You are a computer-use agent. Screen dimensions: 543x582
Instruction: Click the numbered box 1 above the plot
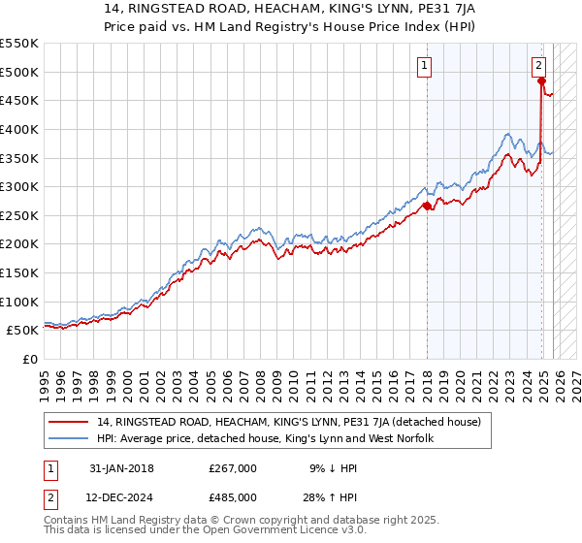pos(425,66)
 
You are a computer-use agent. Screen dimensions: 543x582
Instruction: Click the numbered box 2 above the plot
pos(538,66)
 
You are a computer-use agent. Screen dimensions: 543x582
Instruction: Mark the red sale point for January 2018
pos(427,206)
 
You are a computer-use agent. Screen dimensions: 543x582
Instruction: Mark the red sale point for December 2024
pos(541,80)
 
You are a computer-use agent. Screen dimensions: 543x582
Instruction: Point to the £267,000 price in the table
pos(233,467)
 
